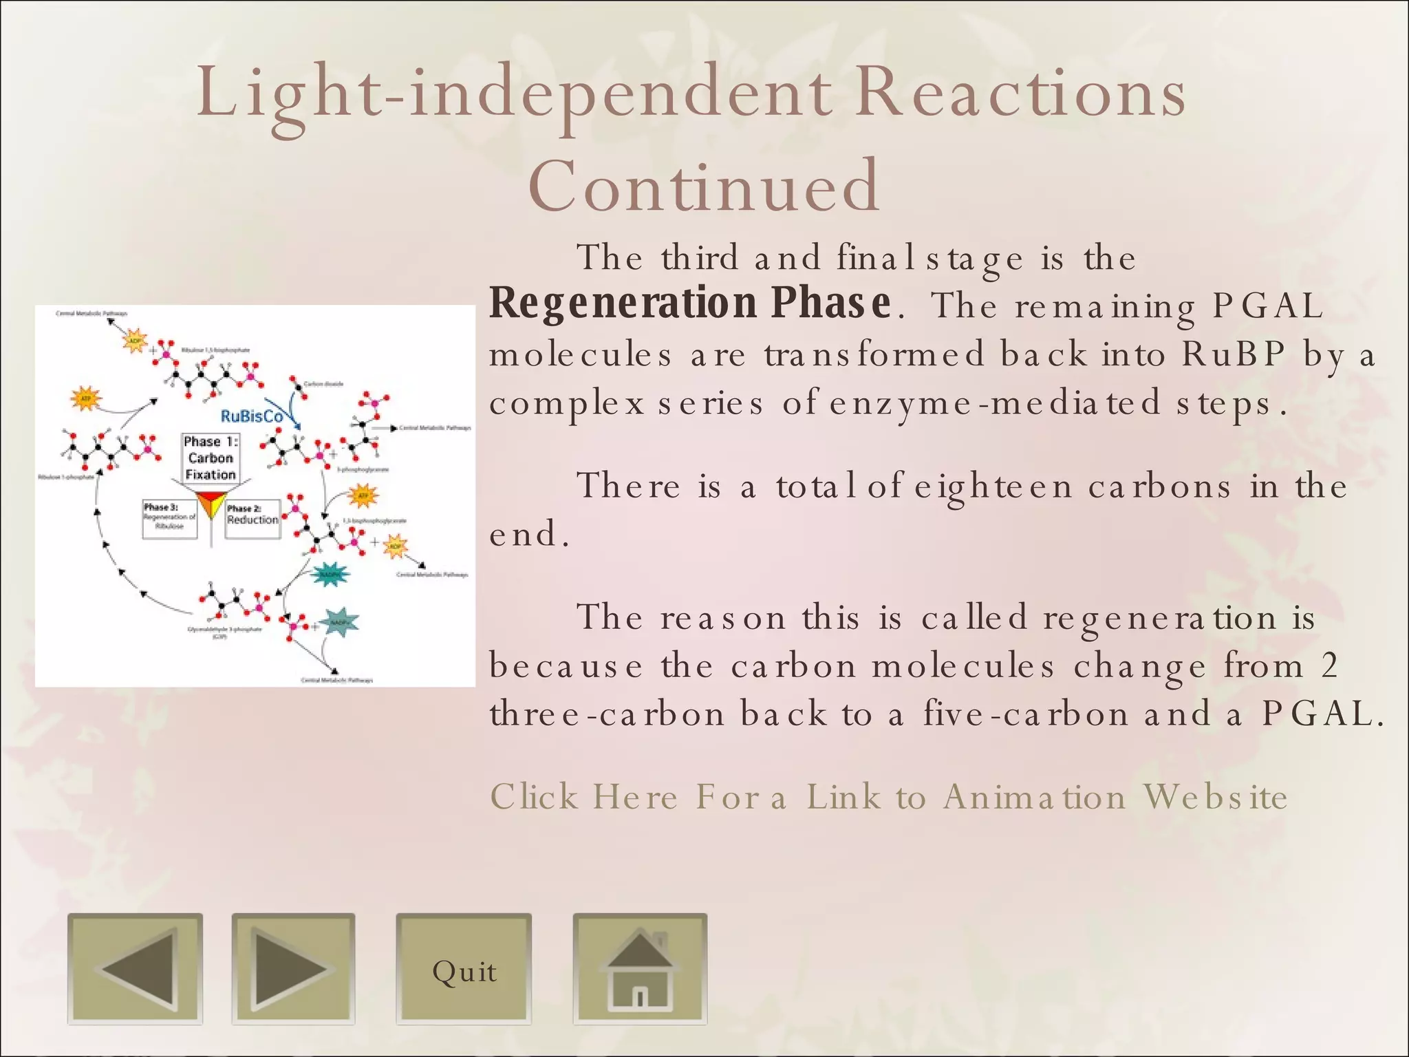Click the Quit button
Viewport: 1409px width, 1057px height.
(x=464, y=970)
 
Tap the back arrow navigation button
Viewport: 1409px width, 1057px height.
(x=135, y=969)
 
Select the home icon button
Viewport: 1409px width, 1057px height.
(x=640, y=969)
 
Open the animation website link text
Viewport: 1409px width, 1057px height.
(x=888, y=797)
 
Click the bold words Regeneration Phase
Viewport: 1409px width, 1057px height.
(x=690, y=303)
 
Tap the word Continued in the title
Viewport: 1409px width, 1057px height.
(x=704, y=186)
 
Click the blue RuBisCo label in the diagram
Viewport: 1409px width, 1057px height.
(x=251, y=416)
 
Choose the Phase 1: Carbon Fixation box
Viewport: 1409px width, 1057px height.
(x=211, y=458)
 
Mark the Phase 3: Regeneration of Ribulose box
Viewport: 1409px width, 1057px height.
(x=169, y=517)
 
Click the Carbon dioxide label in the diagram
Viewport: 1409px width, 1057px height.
(x=323, y=384)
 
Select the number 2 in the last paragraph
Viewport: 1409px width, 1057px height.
(x=1329, y=666)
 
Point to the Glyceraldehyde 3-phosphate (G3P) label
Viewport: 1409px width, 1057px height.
(x=225, y=632)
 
